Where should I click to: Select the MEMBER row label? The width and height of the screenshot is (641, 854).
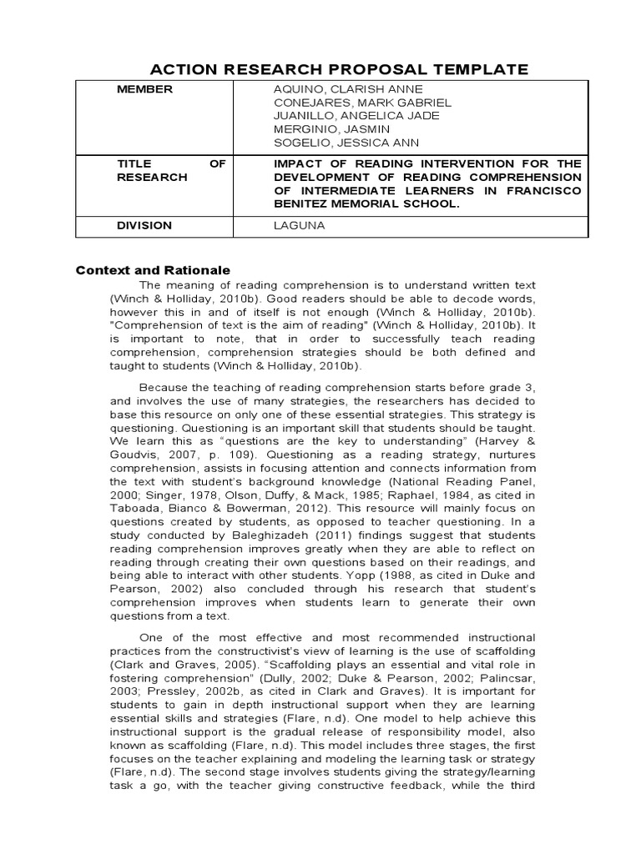click(x=144, y=89)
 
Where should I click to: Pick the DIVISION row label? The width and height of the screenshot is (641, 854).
click(x=144, y=225)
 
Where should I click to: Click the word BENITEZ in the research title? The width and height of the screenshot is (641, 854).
click(x=304, y=203)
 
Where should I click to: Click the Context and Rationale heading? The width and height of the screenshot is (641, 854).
click(x=153, y=270)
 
